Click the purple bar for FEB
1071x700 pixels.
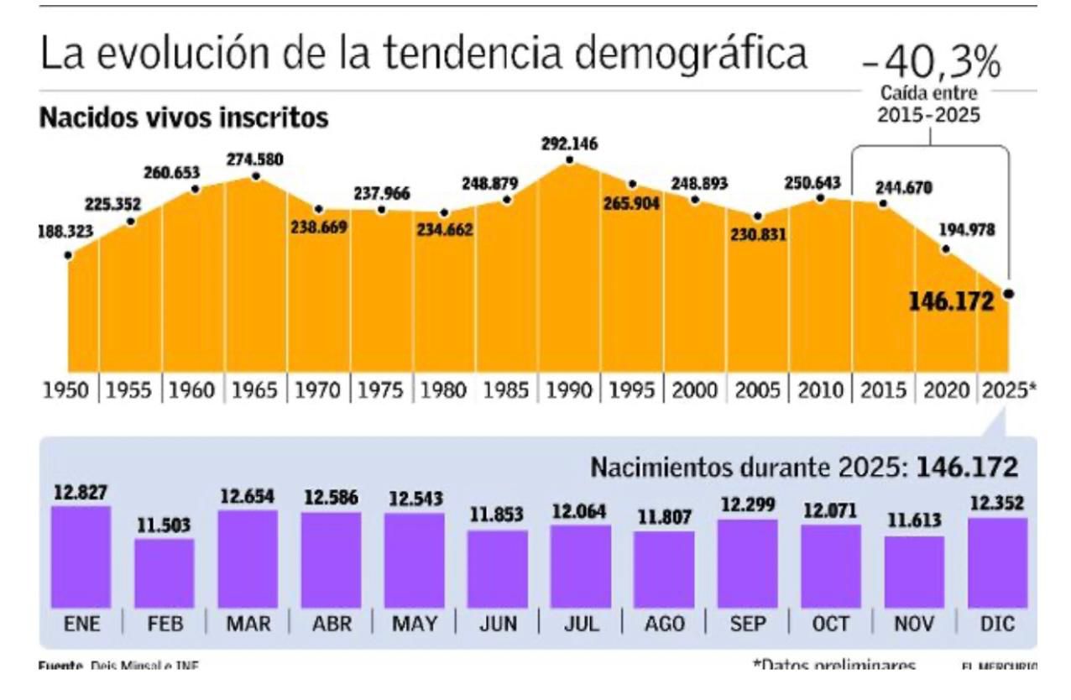(165, 573)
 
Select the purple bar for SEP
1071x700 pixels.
(748, 563)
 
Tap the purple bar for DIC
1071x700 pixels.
(997, 562)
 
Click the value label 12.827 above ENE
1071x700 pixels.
(80, 493)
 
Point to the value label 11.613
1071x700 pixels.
(914, 522)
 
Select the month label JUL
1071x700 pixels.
(581, 624)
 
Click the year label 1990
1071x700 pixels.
(570, 391)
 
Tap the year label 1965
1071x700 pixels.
(255, 391)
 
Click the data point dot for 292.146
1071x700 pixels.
(570, 160)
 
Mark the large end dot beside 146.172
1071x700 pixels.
(1008, 294)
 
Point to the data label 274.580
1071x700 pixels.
(255, 159)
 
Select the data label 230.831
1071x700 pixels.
(757, 235)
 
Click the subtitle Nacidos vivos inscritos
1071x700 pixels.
(183, 119)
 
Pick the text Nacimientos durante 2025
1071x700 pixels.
(749, 468)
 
